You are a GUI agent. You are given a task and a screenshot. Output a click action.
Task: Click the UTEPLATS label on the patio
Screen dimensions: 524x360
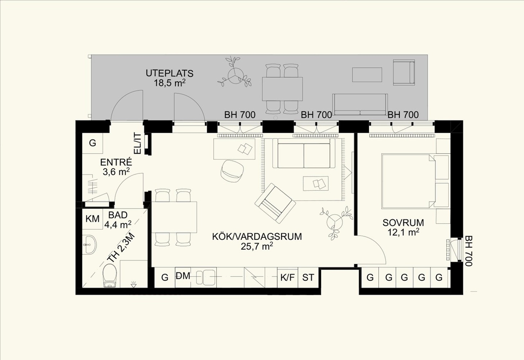[x=170, y=74]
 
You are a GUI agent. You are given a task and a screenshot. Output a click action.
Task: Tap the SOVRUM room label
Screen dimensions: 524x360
[x=403, y=223]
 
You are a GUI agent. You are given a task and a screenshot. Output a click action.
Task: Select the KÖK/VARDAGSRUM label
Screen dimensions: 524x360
[x=257, y=237]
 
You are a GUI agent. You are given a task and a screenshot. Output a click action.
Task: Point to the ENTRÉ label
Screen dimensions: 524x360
[x=116, y=162]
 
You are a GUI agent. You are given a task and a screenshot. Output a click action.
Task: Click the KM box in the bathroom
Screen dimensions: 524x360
[x=92, y=219]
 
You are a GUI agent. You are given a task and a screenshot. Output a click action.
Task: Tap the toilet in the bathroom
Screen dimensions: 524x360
[x=110, y=275]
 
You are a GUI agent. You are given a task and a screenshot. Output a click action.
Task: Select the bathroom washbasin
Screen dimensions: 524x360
[x=90, y=244]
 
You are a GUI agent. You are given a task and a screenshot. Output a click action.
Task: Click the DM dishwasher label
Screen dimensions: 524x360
[x=183, y=276]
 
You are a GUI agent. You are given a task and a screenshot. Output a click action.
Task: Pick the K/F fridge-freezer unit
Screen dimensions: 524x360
[x=287, y=277]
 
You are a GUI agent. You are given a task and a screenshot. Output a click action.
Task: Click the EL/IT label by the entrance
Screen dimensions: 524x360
[x=137, y=143]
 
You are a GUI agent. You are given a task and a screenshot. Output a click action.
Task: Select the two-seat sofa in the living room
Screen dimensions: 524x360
[x=304, y=153]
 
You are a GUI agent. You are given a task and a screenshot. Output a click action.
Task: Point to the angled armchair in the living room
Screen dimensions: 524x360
[x=275, y=203]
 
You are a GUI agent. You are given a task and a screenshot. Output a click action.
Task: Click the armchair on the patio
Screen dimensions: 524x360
[x=404, y=72]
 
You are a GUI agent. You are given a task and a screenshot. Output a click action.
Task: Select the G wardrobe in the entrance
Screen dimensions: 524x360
[x=92, y=143]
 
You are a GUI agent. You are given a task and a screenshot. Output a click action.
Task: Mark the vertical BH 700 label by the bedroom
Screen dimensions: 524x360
[x=468, y=251]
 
